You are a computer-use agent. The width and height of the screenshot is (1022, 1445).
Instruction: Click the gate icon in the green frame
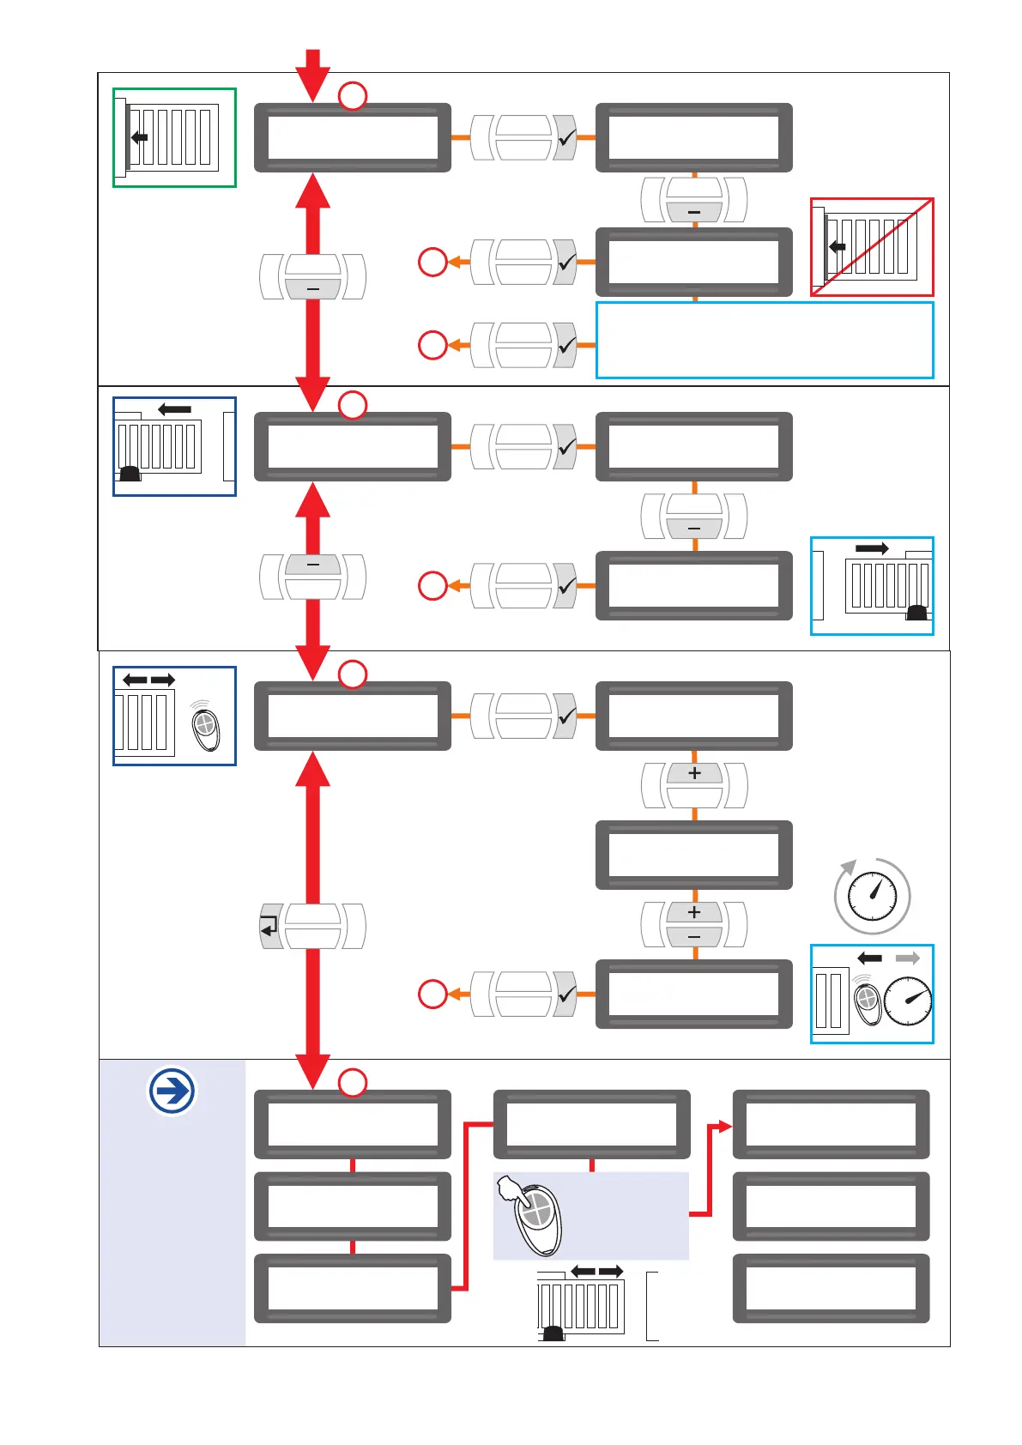[174, 137]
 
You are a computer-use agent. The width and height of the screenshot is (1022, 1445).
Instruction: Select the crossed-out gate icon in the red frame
[872, 247]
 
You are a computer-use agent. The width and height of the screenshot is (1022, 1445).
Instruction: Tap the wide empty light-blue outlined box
[765, 340]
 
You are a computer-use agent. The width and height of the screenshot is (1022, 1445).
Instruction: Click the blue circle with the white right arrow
[172, 1091]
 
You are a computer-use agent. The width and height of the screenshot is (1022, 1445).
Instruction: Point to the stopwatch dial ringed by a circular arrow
[873, 897]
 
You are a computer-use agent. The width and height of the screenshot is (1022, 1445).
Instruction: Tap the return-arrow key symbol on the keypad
[270, 927]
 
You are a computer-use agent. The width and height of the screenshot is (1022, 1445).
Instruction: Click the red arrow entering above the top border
[312, 73]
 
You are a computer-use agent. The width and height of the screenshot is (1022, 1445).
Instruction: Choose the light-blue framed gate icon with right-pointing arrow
[872, 586]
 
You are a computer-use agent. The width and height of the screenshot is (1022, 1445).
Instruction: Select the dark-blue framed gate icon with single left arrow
[174, 446]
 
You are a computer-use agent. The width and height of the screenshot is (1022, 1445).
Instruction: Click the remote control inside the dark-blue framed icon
[206, 728]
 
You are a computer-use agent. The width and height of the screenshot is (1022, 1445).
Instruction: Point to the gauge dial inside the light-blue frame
[908, 1001]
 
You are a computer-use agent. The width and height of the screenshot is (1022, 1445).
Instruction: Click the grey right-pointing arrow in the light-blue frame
[907, 958]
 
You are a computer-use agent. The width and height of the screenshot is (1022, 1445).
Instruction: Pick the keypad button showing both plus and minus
[694, 924]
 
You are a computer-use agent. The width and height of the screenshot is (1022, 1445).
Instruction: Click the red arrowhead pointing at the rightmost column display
[725, 1127]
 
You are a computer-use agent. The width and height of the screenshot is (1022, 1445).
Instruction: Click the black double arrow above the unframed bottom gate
[597, 1271]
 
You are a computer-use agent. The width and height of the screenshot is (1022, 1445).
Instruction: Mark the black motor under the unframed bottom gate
[553, 1333]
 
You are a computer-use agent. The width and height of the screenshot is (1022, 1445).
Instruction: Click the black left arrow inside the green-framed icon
[139, 137]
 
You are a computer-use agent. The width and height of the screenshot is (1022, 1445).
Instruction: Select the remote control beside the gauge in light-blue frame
[868, 1001]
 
